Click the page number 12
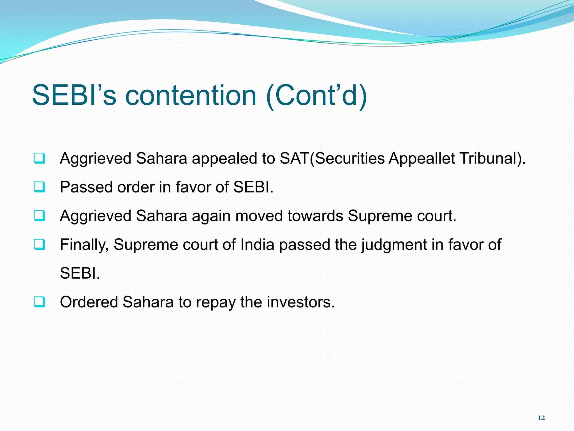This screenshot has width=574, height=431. pyautogui.click(x=541, y=418)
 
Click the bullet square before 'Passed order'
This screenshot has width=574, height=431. pyautogui.click(x=39, y=187)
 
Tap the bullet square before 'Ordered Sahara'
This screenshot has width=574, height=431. pyautogui.click(x=39, y=302)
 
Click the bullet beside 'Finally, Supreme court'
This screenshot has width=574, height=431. pyautogui.click(x=39, y=244)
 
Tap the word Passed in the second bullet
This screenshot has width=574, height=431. pyautogui.click(x=86, y=187)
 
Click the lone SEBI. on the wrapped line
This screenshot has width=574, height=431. pyautogui.click(x=80, y=273)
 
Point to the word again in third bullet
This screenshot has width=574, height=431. pyautogui.click(x=211, y=216)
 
